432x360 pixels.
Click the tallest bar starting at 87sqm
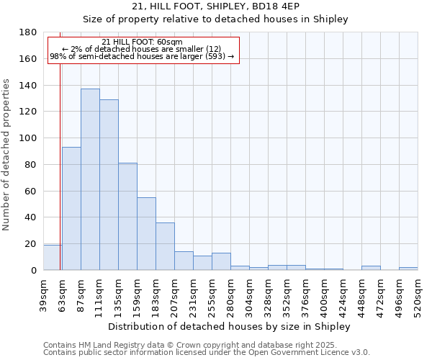tap(90, 180)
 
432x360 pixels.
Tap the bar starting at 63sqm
tap(71, 209)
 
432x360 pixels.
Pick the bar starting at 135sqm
tap(127, 216)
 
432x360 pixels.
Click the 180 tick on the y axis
tap(28, 32)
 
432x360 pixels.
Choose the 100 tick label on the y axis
tap(28, 138)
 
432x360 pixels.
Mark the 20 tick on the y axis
tap(31, 244)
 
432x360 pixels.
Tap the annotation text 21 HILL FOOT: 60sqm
tap(142, 42)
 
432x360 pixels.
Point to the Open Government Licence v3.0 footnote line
tap(207, 352)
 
